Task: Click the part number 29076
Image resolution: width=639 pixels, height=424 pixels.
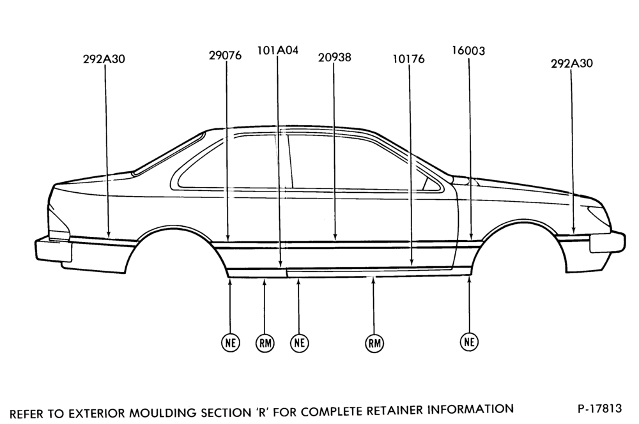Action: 225,55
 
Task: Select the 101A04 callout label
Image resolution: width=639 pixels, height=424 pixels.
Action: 277,50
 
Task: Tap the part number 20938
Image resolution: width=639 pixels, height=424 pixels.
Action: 334,57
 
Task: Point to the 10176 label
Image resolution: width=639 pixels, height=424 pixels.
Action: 408,59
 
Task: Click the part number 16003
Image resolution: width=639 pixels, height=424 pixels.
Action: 468,51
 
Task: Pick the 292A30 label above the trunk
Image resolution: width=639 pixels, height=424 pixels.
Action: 104,59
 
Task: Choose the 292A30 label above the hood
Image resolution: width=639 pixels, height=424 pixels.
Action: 572,64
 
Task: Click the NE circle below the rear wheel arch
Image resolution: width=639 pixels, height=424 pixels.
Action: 230,342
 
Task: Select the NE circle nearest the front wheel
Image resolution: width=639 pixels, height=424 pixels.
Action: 470,342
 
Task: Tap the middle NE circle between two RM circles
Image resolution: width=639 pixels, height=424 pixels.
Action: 299,342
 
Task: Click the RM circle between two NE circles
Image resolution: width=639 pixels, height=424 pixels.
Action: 265,344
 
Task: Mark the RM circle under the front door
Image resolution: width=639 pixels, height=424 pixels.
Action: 374,344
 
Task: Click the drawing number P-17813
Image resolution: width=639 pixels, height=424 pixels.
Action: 600,408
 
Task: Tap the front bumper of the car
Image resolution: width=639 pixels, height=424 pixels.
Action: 608,243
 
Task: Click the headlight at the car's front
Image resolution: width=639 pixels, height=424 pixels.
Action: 598,213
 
